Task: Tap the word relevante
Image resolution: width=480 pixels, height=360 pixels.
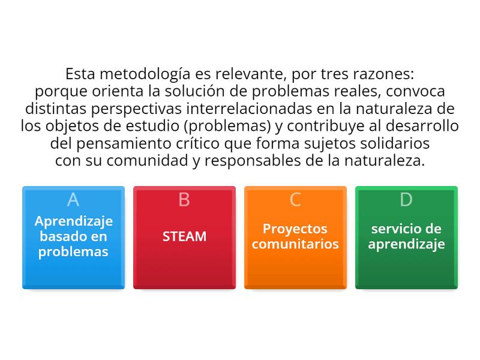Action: (244, 75)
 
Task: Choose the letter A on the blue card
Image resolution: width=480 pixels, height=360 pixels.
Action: (73, 199)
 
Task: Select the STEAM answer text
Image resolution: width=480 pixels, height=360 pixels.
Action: (184, 236)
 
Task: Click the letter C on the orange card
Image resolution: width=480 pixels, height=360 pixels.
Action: (295, 199)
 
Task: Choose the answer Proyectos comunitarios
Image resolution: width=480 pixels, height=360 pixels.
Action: (295, 236)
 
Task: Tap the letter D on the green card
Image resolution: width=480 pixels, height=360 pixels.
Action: (406, 199)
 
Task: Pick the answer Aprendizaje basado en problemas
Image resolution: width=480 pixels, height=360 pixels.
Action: (73, 236)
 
